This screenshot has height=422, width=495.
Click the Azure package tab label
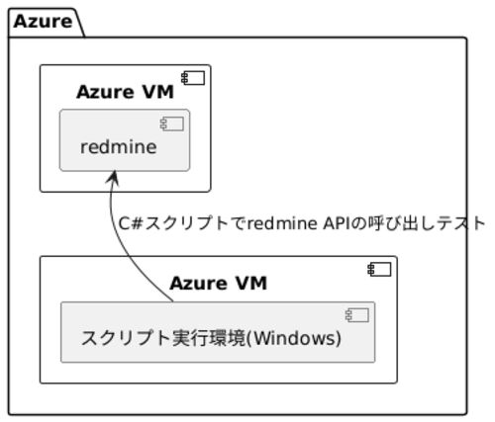[x=43, y=22]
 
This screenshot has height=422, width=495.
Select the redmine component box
[x=125, y=140]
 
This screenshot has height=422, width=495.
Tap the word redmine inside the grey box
[x=119, y=147]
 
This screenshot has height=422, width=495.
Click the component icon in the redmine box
[x=172, y=124]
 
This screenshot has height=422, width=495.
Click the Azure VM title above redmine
[x=125, y=92]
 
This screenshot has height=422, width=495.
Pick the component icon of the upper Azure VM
[x=193, y=78]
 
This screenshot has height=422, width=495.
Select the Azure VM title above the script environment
[x=218, y=284]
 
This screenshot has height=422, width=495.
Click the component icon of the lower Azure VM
[x=379, y=270]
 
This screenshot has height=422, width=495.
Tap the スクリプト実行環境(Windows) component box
[x=218, y=332]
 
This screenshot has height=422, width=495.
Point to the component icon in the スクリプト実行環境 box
[x=357, y=315]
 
